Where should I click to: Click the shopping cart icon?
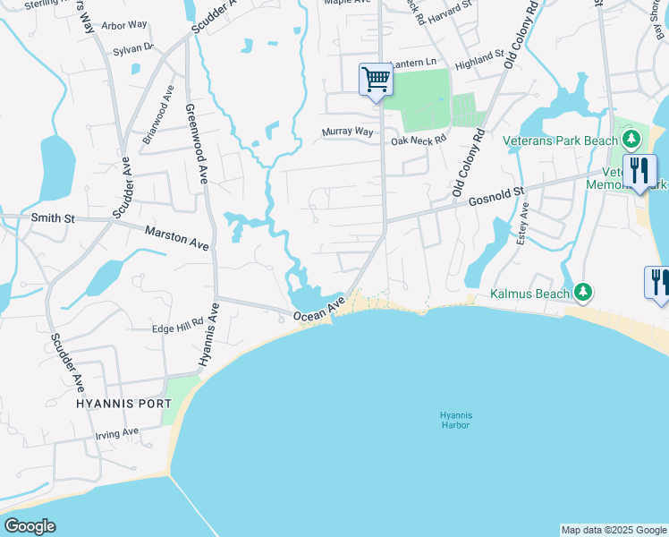coord(377,80)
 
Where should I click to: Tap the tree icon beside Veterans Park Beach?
coord(631,139)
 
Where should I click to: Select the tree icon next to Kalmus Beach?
coord(583,292)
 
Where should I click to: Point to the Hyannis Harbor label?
coord(455,420)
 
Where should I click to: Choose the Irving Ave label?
coord(117,434)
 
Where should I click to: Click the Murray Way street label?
coord(347,132)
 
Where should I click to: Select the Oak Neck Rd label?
coord(417,141)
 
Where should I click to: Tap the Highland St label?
coord(480,61)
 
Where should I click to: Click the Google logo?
coord(30,526)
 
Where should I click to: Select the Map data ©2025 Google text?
coord(614,530)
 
